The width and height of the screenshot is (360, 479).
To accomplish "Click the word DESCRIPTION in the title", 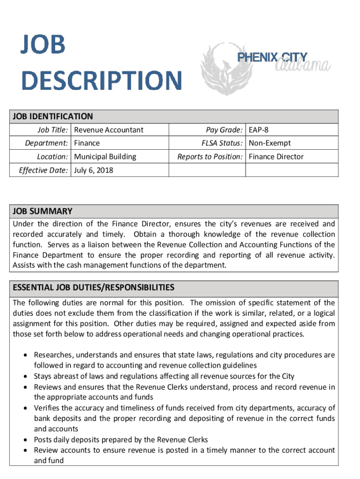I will pyautogui.click(x=101, y=80).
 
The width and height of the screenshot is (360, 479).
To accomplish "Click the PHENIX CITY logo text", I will pyautogui.click(x=273, y=58).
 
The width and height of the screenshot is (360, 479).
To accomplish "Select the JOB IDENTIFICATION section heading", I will pyautogui.click(x=53, y=116).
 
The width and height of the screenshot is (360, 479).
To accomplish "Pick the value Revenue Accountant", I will pyautogui.click(x=109, y=130).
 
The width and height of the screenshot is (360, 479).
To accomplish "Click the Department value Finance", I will pyautogui.click(x=87, y=143).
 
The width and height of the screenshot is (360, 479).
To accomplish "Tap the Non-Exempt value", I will pyautogui.click(x=270, y=143).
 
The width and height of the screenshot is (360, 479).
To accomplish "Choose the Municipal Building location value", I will pyautogui.click(x=105, y=157).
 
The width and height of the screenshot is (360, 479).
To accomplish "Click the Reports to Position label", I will pyautogui.click(x=210, y=157).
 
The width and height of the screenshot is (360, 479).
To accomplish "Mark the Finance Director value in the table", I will pyautogui.click(x=276, y=157).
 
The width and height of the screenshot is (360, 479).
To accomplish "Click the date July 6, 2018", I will pyautogui.click(x=94, y=170).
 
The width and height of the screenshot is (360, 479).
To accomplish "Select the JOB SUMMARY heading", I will pyautogui.click(x=43, y=211).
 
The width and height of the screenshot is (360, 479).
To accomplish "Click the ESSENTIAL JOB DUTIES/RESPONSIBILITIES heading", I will pyautogui.click(x=94, y=287).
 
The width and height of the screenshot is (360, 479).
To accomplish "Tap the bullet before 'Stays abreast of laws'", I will pyautogui.click(x=27, y=376).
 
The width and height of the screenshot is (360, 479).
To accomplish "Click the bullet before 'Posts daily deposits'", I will pyautogui.click(x=27, y=440).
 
